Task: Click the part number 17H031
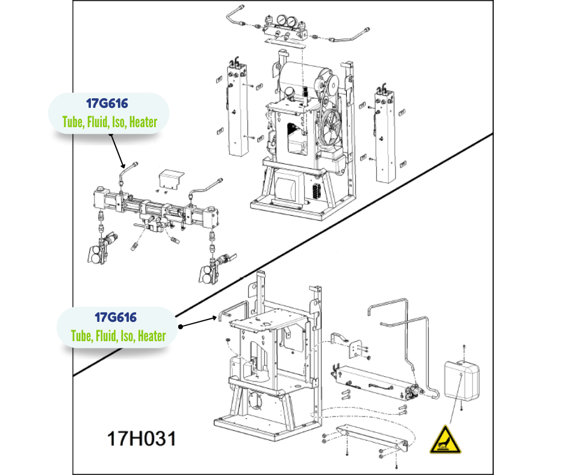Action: pos(141,439)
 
